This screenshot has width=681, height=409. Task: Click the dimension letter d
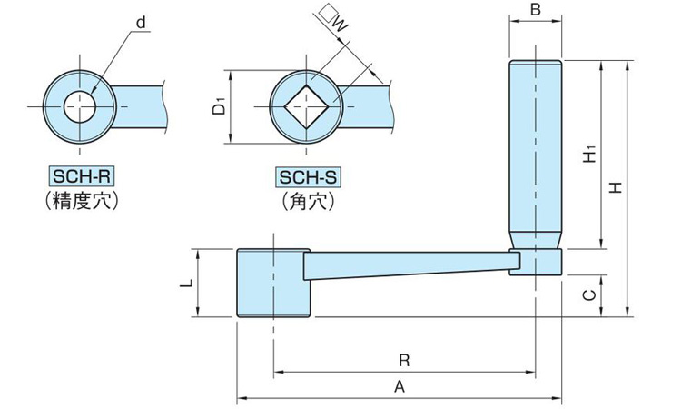pos(141,21)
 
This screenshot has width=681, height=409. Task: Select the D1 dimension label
pos(219,108)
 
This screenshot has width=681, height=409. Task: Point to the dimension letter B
pos(535,10)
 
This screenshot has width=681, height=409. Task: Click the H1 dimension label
pos(589,154)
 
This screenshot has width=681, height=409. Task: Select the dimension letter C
pos(588,294)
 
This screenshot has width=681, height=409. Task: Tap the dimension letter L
pos(184,284)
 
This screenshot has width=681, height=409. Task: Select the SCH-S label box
pos(308,178)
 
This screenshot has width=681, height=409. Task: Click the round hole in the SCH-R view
pos(82,105)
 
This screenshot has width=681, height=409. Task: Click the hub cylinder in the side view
pos(273,283)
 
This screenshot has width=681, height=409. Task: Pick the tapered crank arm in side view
pos(409,264)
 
